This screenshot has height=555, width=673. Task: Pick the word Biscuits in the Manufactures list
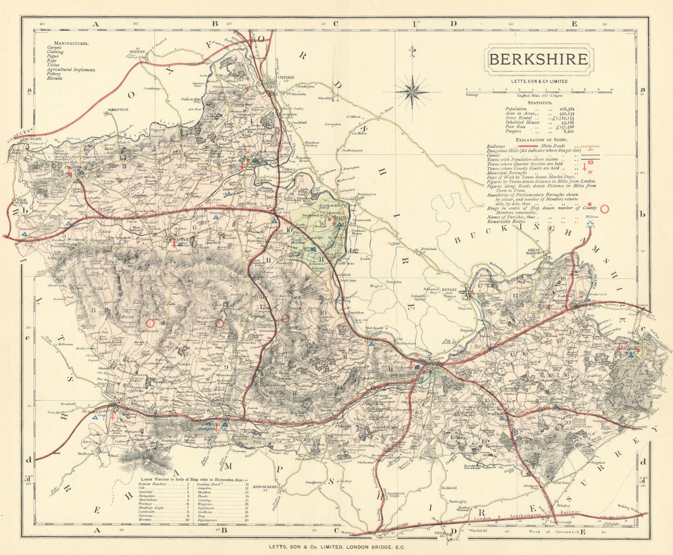tap(55, 78)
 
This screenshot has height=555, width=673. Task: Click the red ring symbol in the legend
tap(605, 208)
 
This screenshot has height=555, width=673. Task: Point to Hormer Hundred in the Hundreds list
tap(152, 484)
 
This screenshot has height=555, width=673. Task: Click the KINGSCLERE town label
tap(265, 486)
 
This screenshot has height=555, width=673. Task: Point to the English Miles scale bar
tap(538, 90)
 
